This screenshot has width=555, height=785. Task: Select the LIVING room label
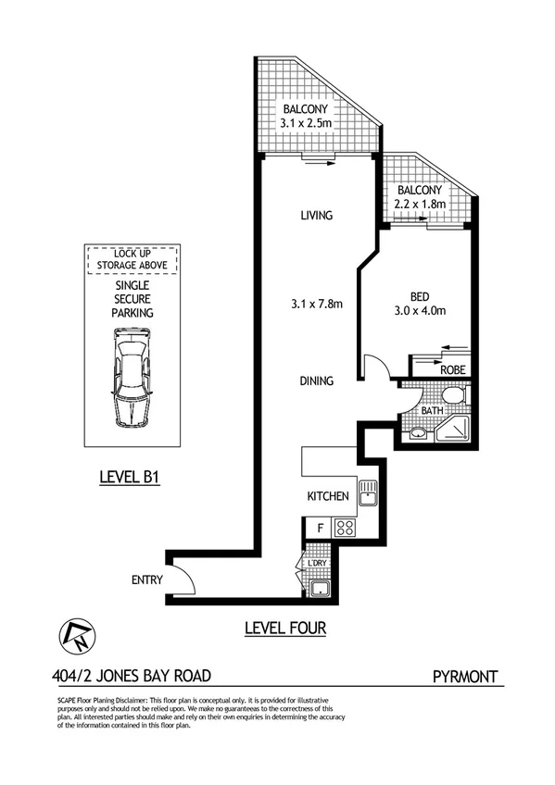(316, 216)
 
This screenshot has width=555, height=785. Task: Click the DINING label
(316, 380)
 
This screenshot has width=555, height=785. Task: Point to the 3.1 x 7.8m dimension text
(315, 302)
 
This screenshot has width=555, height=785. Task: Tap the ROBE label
(452, 369)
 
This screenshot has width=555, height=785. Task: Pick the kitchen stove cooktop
(346, 529)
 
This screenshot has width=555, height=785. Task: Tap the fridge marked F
(320, 529)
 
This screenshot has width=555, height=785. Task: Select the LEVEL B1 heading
(131, 479)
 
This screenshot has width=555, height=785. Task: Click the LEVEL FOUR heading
(285, 628)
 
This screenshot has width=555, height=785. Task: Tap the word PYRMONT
(468, 676)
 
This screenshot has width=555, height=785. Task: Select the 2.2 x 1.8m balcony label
(417, 204)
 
